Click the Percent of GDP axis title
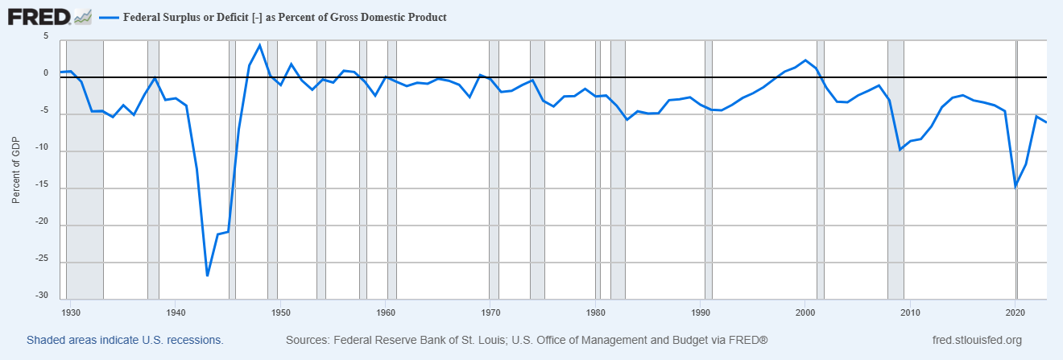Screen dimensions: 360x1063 tap(16, 169)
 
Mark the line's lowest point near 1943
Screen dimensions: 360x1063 tap(207, 275)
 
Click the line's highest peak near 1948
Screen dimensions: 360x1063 tap(259, 45)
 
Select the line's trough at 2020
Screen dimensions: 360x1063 tap(1015, 187)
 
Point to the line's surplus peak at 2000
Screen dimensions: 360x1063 tap(805, 60)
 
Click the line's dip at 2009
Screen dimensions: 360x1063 tap(900, 150)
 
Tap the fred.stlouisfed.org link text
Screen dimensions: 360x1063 tap(975, 341)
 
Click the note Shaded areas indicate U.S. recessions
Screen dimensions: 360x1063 tap(125, 341)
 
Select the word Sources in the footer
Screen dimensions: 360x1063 tap(308, 341)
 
